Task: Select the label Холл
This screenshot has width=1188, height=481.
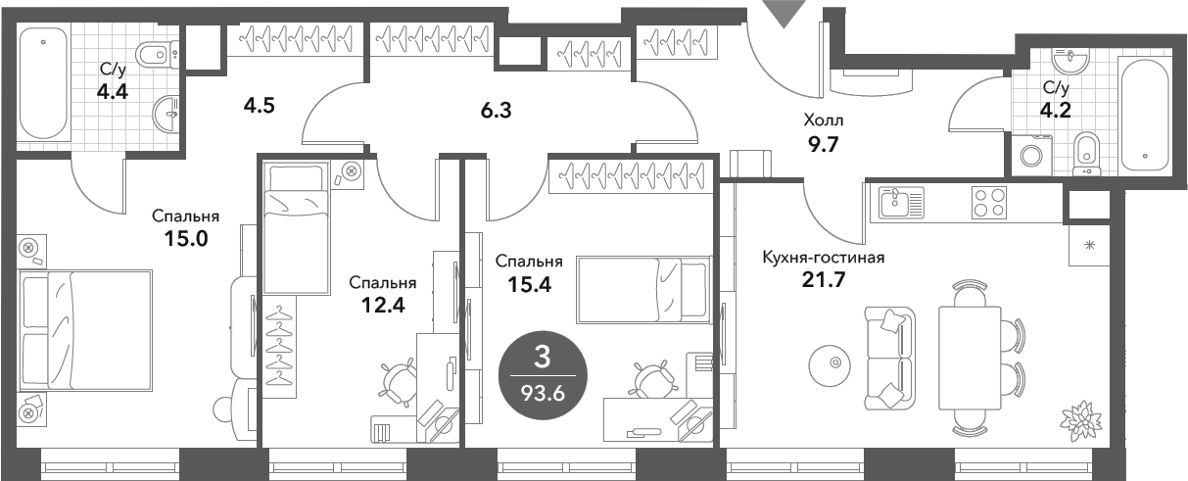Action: (x=823, y=120)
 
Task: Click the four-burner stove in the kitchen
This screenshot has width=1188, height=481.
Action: (x=988, y=203)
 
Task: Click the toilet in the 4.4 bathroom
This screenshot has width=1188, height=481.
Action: (x=155, y=53)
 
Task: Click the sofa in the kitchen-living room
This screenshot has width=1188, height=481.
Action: (x=889, y=357)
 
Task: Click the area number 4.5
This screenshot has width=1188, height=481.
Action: (x=260, y=105)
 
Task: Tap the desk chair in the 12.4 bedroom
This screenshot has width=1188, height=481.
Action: (x=400, y=382)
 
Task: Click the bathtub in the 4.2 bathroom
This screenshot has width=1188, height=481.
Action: (x=1144, y=116)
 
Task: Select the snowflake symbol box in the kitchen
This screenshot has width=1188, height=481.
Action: (x=1088, y=245)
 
